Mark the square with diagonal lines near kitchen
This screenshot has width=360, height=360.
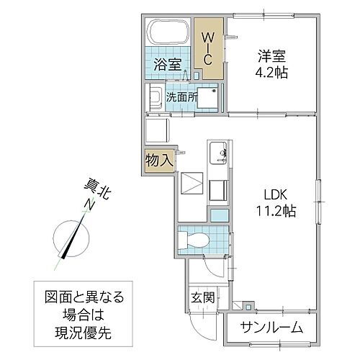[x=192, y=183]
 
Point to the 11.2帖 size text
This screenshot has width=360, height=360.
[x=274, y=211]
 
